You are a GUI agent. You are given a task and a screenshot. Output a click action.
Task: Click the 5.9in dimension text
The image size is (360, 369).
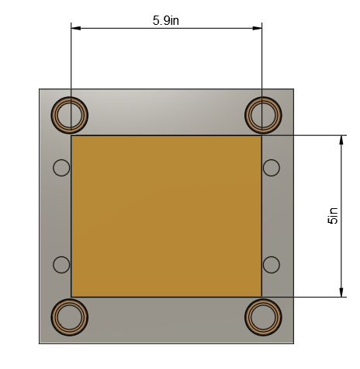166,21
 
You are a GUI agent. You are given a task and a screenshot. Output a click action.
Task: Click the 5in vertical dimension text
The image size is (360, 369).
333,215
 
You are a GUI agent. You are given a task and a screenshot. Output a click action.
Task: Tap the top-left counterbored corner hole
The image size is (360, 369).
70,116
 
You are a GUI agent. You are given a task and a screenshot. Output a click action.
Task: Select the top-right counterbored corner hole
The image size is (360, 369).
263,116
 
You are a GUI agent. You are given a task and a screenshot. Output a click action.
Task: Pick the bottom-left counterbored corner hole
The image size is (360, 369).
70,317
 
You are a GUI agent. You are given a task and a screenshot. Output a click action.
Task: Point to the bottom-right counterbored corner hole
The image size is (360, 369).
263,317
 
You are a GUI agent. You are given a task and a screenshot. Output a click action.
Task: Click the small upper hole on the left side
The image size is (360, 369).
61,167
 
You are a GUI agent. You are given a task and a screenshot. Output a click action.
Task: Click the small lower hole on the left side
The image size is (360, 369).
61,265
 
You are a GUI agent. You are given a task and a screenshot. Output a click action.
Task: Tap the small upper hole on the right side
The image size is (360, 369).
272,167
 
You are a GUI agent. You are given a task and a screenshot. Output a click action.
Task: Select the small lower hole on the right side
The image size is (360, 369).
272,265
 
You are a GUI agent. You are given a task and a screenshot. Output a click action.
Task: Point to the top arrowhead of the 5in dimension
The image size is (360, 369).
341,141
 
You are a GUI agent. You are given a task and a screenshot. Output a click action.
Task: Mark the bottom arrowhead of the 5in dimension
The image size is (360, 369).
341,291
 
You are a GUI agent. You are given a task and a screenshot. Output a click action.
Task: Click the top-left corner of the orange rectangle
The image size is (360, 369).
71,136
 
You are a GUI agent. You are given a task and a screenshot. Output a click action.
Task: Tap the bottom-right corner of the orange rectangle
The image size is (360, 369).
261,297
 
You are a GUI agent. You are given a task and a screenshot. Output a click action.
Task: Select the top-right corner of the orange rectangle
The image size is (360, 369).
261,136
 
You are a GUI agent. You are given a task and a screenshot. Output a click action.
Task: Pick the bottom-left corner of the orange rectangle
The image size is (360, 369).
71,297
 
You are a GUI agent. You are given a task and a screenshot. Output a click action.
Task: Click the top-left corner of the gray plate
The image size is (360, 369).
40,89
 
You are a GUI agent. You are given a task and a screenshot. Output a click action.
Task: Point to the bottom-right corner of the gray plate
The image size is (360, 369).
293,343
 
